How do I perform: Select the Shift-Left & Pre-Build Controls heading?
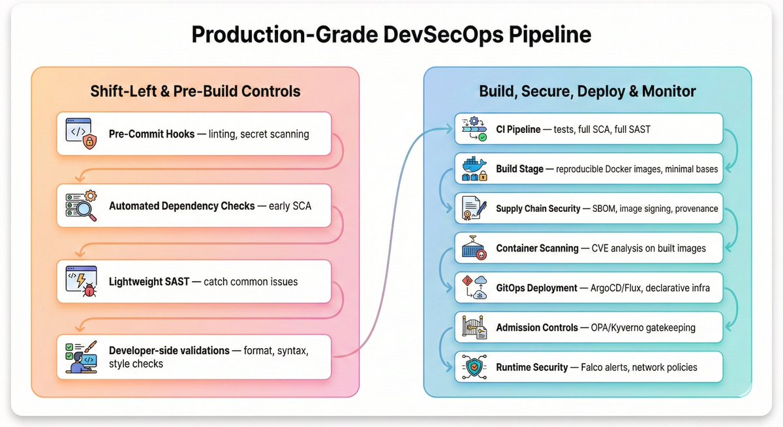click(195, 91)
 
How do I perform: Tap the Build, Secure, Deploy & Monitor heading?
click(587, 91)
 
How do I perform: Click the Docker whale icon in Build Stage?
click(474, 169)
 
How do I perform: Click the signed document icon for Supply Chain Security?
click(474, 209)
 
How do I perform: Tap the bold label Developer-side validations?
click(169, 351)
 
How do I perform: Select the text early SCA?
click(290, 205)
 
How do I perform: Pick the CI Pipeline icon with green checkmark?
click(474, 129)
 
